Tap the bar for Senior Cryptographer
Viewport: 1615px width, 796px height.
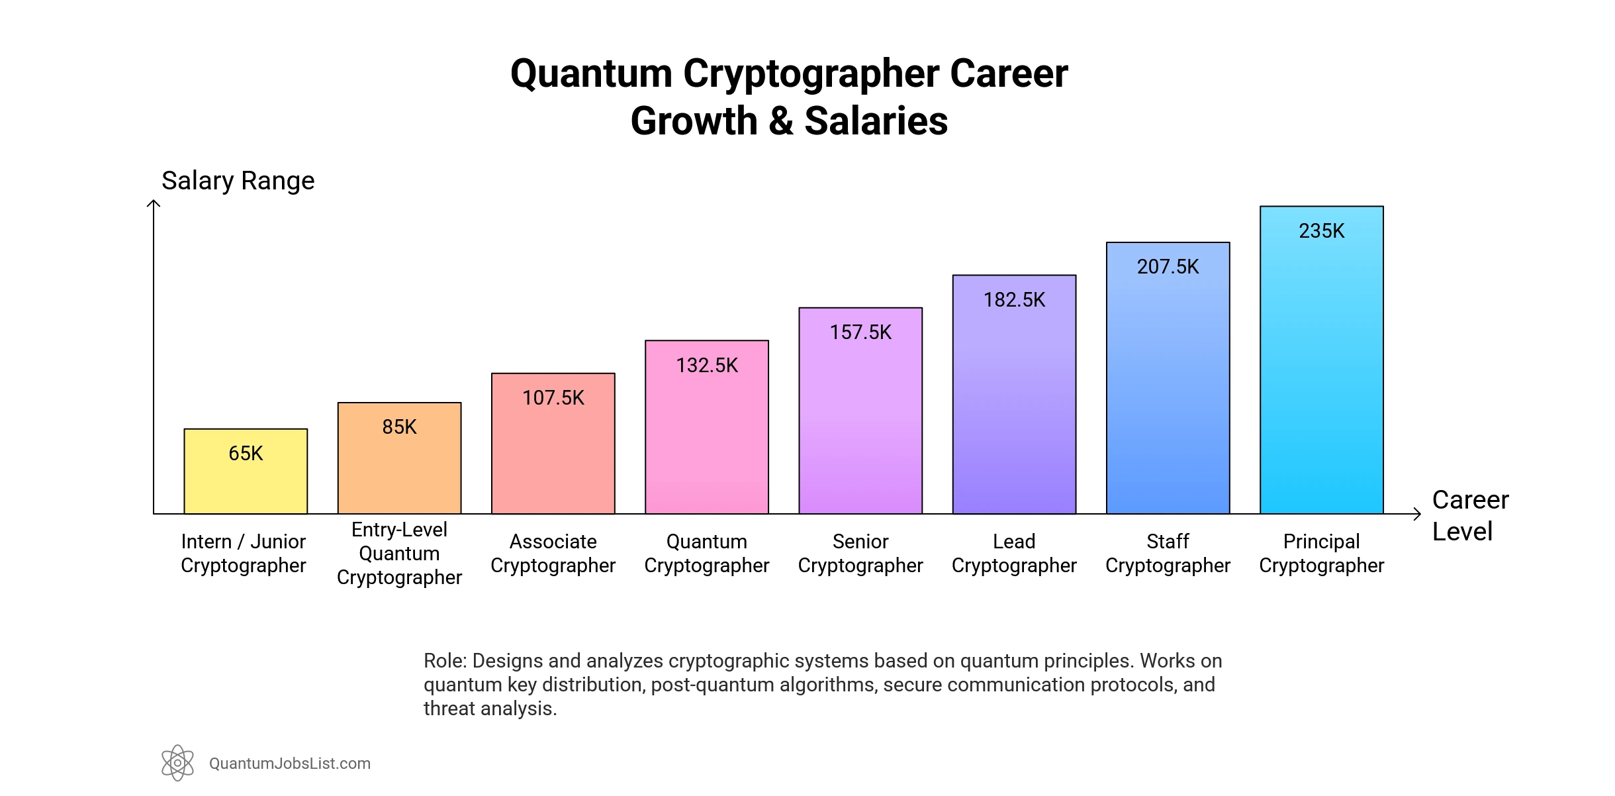coord(860,424)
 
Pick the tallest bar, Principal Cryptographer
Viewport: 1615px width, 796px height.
coord(1321,371)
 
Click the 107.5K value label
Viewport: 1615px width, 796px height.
coord(553,398)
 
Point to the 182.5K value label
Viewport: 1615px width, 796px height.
coord(1014,300)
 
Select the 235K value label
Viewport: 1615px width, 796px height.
coord(1321,231)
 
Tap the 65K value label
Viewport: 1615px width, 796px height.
coord(246,454)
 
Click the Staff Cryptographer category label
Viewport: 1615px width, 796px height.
coord(1168,554)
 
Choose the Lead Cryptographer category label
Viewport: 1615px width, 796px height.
coord(1014,554)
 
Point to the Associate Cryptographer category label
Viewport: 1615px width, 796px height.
coord(553,554)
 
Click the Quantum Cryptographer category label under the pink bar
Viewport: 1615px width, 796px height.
coord(707,554)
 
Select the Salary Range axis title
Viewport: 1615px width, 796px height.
coord(238,181)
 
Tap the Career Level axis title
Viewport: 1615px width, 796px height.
coord(1470,515)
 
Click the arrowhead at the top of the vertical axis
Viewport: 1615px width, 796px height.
coord(154,203)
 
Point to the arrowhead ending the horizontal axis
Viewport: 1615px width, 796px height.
coord(1417,514)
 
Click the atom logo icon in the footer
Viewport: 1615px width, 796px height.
coord(177,763)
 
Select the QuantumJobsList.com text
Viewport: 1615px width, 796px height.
coord(290,764)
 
